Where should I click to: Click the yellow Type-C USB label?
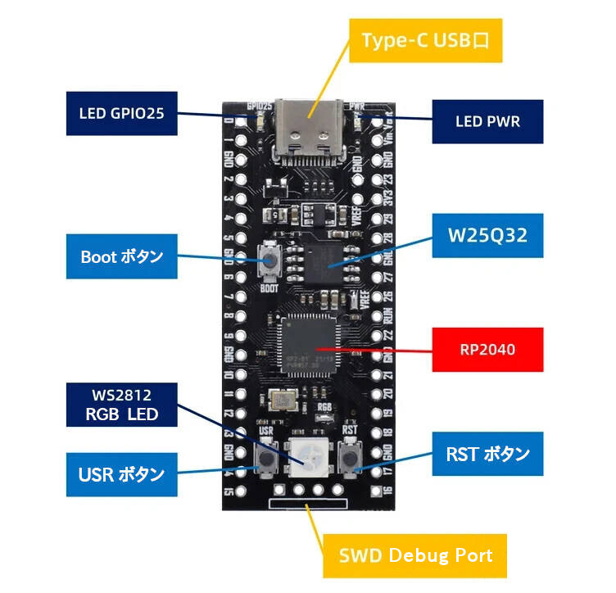425,41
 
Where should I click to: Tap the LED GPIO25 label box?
122,113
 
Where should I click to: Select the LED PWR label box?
487,122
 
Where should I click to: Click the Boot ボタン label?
122,256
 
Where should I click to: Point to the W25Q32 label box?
487,235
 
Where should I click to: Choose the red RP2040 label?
487,350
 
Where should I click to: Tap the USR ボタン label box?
122,473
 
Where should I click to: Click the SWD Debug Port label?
415,555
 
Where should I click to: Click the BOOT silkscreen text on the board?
269,287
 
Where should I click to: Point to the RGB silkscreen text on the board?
324,406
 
